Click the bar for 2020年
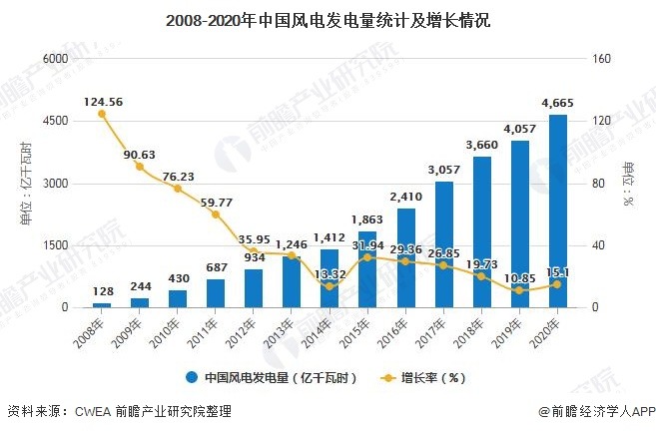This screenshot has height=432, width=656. (x=557, y=212)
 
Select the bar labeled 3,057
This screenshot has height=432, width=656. (x=443, y=244)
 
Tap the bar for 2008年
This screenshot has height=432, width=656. (x=102, y=304)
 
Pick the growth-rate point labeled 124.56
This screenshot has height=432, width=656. (x=102, y=114)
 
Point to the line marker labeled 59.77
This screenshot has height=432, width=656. (x=216, y=215)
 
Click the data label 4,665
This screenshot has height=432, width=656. (x=557, y=103)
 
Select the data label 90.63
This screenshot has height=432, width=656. (x=139, y=154)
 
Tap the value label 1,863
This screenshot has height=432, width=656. (x=367, y=219)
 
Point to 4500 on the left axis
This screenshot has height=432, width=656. (x=54, y=121)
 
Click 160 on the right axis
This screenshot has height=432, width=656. (x=599, y=59)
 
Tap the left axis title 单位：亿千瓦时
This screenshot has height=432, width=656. (x=24, y=183)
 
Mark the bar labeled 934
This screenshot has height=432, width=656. (x=254, y=288)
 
